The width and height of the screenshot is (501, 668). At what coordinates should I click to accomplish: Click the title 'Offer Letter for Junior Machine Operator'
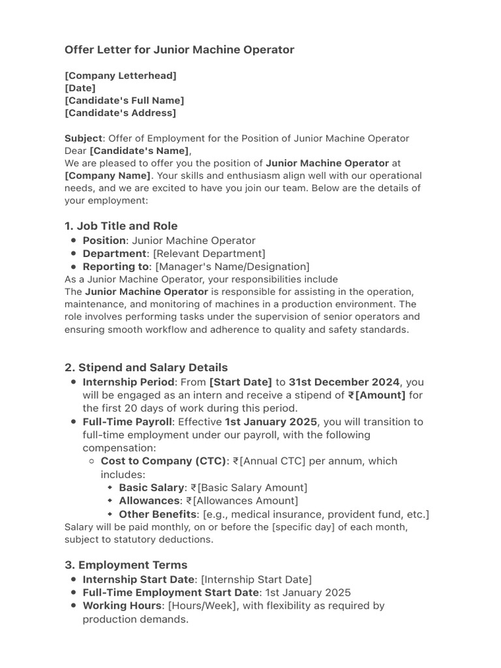click(x=179, y=50)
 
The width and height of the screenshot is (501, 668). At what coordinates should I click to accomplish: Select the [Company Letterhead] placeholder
click(x=121, y=76)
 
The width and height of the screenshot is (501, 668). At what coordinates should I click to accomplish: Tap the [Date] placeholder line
click(x=80, y=88)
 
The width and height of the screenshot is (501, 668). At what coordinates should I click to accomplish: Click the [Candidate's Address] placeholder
click(x=121, y=113)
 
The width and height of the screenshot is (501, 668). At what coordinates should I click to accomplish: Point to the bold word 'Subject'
click(x=83, y=138)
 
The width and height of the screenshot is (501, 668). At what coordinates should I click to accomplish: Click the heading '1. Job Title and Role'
click(x=121, y=226)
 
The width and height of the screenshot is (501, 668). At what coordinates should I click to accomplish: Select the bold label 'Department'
click(x=114, y=253)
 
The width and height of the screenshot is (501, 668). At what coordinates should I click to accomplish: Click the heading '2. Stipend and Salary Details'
click(x=146, y=367)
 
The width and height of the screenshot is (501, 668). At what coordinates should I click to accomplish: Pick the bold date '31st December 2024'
click(x=344, y=382)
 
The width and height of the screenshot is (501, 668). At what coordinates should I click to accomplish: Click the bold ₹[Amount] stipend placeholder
click(x=377, y=395)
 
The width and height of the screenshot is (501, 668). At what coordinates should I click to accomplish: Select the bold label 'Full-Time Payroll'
click(x=127, y=421)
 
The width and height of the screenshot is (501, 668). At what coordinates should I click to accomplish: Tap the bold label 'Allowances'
click(x=149, y=500)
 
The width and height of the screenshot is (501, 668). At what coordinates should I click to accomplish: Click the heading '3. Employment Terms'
click(x=126, y=565)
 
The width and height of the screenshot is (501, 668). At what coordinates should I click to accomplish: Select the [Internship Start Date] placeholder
click(x=256, y=579)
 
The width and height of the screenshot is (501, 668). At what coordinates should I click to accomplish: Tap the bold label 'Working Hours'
click(x=122, y=605)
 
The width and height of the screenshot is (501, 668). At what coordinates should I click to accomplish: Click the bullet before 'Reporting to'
click(x=74, y=267)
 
